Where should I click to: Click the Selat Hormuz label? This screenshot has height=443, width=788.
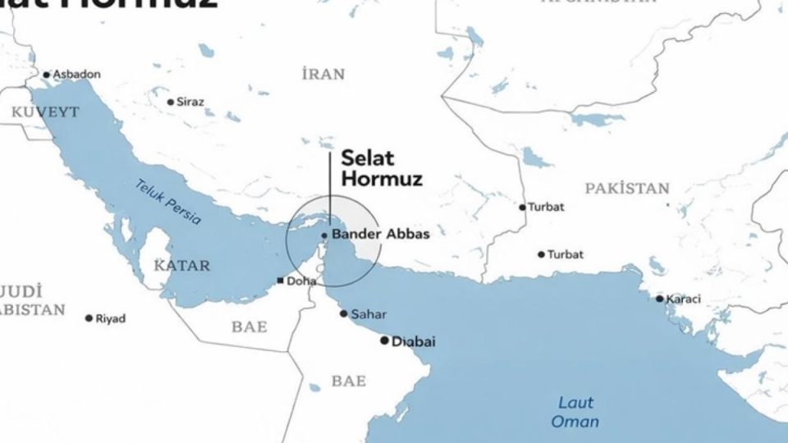381,167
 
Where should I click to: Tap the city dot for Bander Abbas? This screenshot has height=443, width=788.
324,235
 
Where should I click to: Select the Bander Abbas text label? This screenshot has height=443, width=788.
380,234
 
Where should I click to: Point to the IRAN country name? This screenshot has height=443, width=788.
323,75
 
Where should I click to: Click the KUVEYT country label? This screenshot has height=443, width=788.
46,111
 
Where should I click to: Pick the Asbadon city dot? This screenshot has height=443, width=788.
47,75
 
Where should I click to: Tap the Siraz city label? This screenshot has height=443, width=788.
190,103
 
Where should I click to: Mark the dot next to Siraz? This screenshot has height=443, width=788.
171,103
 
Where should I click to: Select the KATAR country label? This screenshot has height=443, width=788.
182,266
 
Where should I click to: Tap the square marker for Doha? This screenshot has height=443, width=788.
281,281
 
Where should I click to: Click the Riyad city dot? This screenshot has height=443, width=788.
89,318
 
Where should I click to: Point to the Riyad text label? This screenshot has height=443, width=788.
111,318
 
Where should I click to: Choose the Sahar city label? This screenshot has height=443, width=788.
368,314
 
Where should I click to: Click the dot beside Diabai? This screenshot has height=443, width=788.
384,340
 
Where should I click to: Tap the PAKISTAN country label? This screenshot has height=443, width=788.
627,189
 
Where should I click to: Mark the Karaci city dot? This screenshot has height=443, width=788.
659,299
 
